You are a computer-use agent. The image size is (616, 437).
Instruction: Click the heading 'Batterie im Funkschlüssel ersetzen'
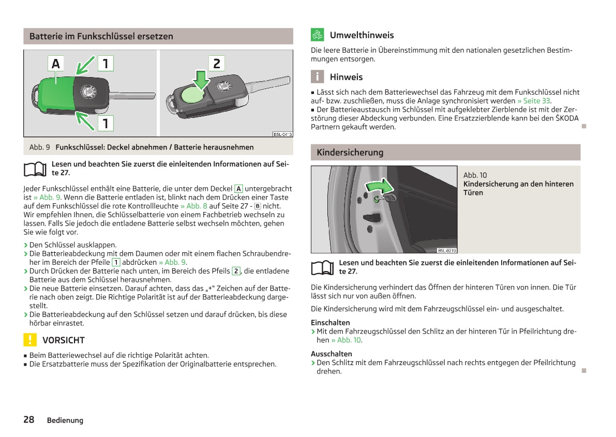coord(101,36)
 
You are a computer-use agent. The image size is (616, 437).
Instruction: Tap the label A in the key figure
coord(55,64)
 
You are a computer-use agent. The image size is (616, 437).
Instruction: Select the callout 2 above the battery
coord(216,63)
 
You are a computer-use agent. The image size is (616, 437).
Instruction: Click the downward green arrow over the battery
coord(201,80)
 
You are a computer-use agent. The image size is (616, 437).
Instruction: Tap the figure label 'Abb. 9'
coord(40,147)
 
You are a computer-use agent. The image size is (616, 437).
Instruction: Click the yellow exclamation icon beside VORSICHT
coord(30,340)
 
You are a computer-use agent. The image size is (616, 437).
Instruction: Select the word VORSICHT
coord(63,340)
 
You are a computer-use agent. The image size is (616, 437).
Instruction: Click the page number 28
coord(29,419)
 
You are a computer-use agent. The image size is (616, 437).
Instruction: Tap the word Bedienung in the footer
coord(65,420)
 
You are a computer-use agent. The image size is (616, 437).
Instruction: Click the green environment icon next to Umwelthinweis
coord(317,35)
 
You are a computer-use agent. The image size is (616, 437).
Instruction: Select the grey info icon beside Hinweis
coord(317,77)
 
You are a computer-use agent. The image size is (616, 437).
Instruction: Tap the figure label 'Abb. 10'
coord(475,175)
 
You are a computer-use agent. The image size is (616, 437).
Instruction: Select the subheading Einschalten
coord(330,323)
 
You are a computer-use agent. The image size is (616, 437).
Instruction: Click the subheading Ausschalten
coord(331,354)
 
